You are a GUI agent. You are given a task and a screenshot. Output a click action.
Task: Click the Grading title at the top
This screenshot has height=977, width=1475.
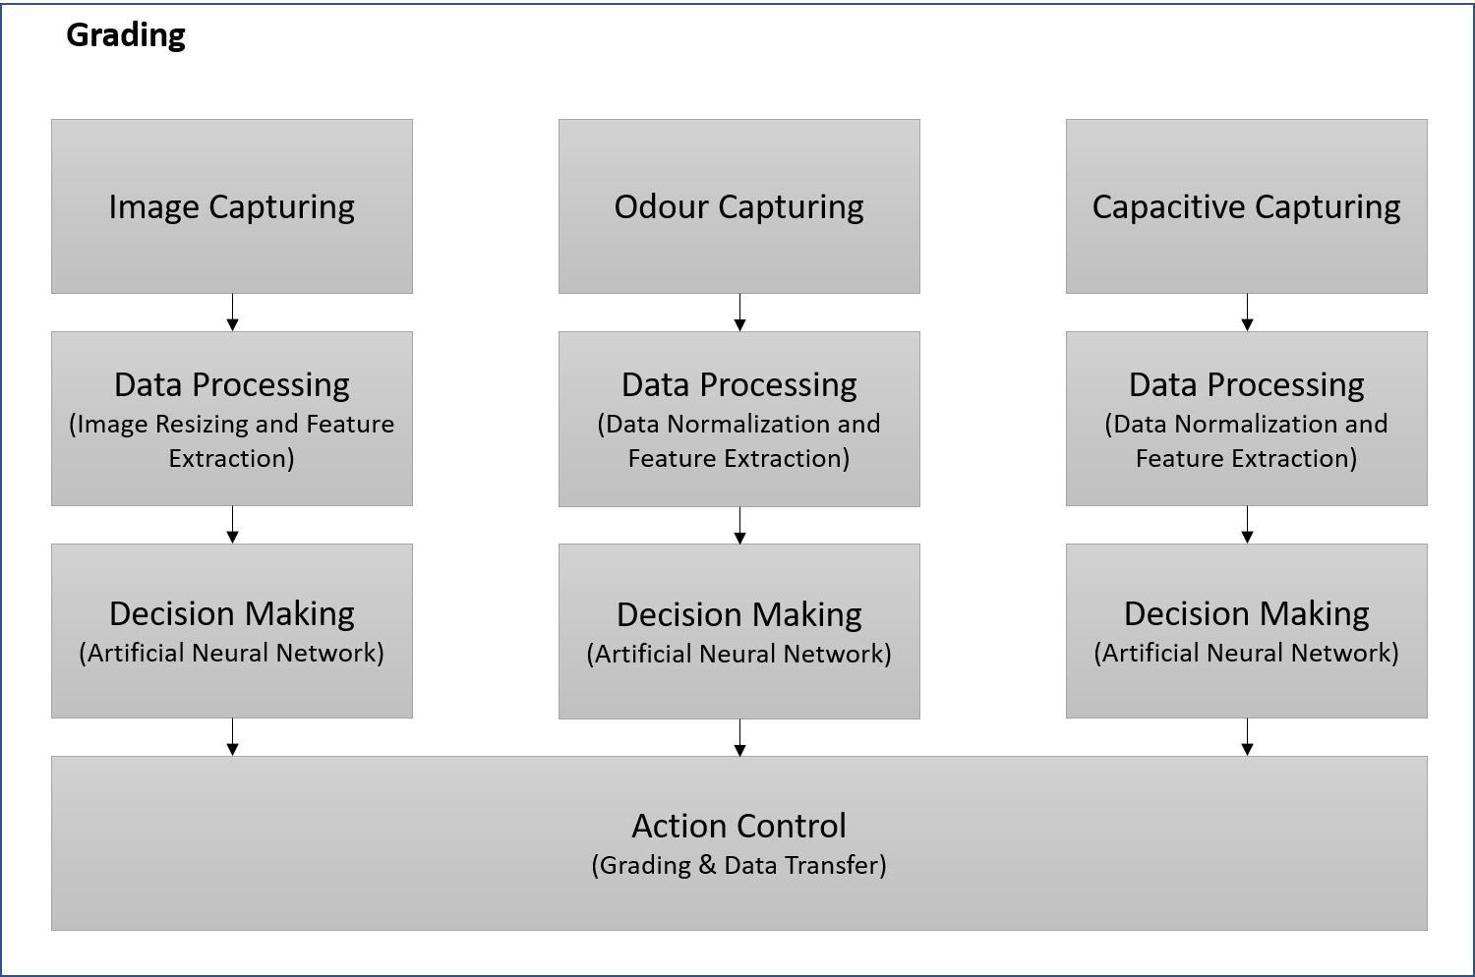coord(126,36)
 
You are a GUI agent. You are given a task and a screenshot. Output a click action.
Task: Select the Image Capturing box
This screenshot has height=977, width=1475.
coord(232,206)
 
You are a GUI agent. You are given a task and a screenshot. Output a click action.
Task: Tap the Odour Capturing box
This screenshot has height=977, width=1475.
coord(738,206)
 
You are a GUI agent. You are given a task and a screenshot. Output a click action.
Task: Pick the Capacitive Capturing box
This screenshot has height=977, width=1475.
coord(1247,206)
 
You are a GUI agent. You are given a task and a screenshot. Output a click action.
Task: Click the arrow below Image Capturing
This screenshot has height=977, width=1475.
coord(232,312)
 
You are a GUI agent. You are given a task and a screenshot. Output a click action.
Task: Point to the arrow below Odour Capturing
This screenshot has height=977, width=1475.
coord(739,312)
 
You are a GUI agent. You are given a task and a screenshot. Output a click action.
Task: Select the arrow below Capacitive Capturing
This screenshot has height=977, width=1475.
coord(1247,312)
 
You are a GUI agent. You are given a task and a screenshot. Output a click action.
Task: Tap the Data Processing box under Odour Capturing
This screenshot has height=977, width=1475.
coord(738,419)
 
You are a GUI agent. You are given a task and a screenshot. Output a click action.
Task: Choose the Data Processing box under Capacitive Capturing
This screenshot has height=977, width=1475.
coord(1247,419)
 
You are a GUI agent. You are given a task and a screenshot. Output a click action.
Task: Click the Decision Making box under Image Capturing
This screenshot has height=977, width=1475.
coord(232,631)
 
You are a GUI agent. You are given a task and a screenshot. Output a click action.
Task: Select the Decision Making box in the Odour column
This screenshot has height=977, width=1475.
coord(738,631)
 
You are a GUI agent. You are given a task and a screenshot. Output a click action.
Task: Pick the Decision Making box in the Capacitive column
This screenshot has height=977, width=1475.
coord(1247,631)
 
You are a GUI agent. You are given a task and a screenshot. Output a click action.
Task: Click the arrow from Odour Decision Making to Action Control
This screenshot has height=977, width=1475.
coord(739,737)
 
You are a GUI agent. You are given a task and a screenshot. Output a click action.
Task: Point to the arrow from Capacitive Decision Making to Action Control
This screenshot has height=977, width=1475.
coord(1247,737)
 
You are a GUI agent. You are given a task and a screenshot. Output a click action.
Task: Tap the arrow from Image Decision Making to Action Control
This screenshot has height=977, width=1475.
coord(232,737)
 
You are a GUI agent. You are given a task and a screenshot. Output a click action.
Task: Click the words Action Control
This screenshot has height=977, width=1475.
coord(738,826)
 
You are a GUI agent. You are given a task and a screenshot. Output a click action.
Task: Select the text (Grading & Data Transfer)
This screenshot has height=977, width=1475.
coord(738,865)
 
